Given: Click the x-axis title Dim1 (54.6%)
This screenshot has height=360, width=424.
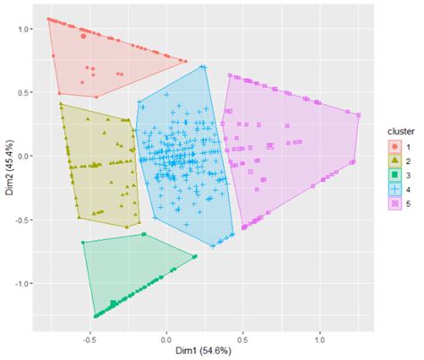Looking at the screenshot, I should [x=203, y=351].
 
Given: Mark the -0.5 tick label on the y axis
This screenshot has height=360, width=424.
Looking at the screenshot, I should [x=23, y=219].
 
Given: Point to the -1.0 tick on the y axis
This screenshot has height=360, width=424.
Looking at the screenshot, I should [x=23, y=283].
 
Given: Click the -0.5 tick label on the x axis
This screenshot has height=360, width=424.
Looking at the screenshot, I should [x=89, y=339].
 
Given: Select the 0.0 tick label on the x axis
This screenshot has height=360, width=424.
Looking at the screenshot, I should [x=166, y=339].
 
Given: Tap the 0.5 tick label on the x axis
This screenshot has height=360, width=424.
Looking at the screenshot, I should [x=242, y=339].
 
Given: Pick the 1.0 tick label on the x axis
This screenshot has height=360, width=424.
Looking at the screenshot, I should [x=319, y=339].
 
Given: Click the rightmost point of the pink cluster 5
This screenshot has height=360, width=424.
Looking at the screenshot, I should [x=358, y=115].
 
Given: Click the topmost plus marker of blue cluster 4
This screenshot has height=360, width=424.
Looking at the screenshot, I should [x=203, y=67].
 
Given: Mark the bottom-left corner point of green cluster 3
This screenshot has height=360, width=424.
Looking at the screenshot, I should [x=95, y=316].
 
